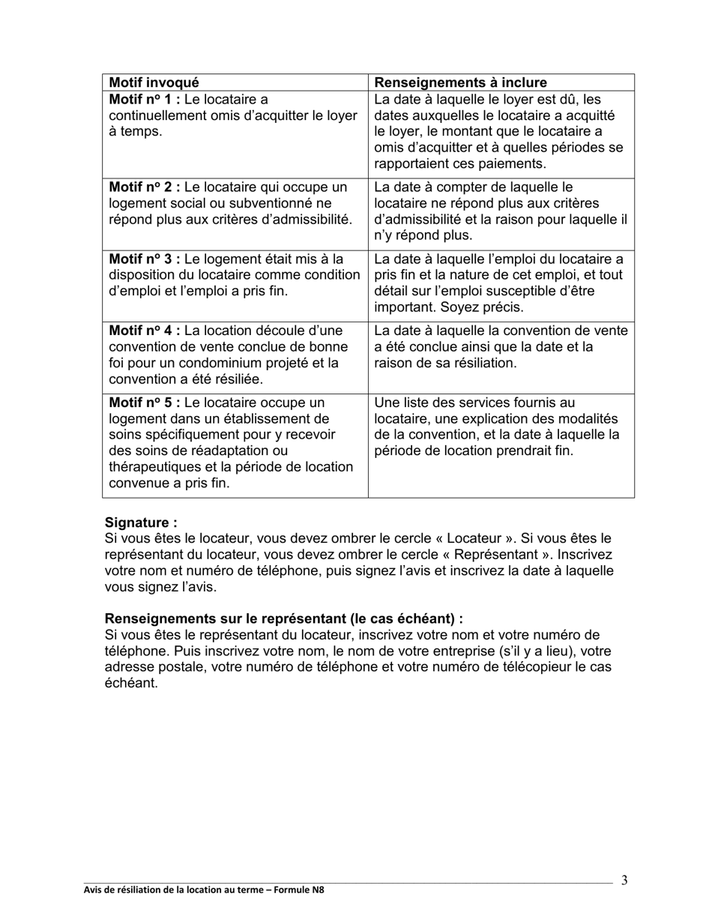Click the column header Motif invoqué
[154, 82]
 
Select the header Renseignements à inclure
[460, 82]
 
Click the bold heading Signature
[141, 522]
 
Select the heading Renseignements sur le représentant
[283, 619]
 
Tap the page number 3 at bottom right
[624, 880]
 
